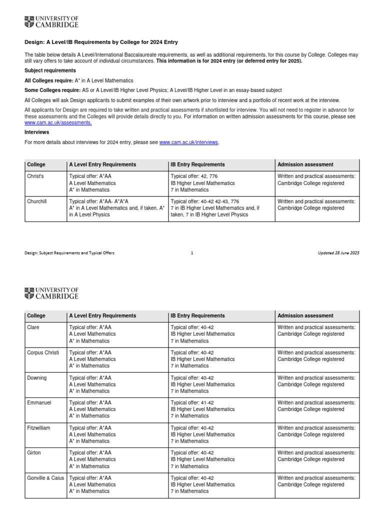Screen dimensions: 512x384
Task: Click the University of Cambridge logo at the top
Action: click(51, 22)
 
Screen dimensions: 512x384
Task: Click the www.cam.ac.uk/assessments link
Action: click(58, 122)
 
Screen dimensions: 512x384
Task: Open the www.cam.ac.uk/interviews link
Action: click(188, 142)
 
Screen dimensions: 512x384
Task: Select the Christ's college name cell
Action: click(35, 176)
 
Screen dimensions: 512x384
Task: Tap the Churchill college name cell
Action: click(37, 201)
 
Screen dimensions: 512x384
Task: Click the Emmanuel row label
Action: click(39, 402)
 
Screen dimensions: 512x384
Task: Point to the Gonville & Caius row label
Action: click(45, 478)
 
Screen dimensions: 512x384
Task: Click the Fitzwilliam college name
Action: click(38, 428)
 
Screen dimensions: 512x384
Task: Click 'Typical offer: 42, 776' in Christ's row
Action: click(194, 176)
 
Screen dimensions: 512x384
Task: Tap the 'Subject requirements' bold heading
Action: click(50, 70)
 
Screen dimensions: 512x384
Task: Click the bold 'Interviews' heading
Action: click(36, 132)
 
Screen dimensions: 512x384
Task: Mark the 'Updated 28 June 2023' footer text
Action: click(338, 253)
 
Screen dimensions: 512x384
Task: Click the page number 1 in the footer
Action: click(192, 253)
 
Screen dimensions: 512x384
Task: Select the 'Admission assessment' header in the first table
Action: click(305, 164)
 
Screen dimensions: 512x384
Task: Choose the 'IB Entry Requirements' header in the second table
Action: click(197, 315)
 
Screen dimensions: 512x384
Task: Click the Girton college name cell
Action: click(34, 452)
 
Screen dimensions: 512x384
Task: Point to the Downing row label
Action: click(36, 378)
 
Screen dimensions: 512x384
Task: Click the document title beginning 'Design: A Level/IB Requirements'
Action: click(101, 42)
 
